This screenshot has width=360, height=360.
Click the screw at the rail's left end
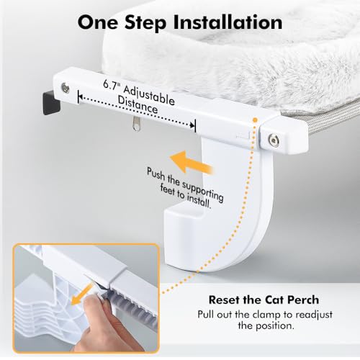click(x=66, y=87)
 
